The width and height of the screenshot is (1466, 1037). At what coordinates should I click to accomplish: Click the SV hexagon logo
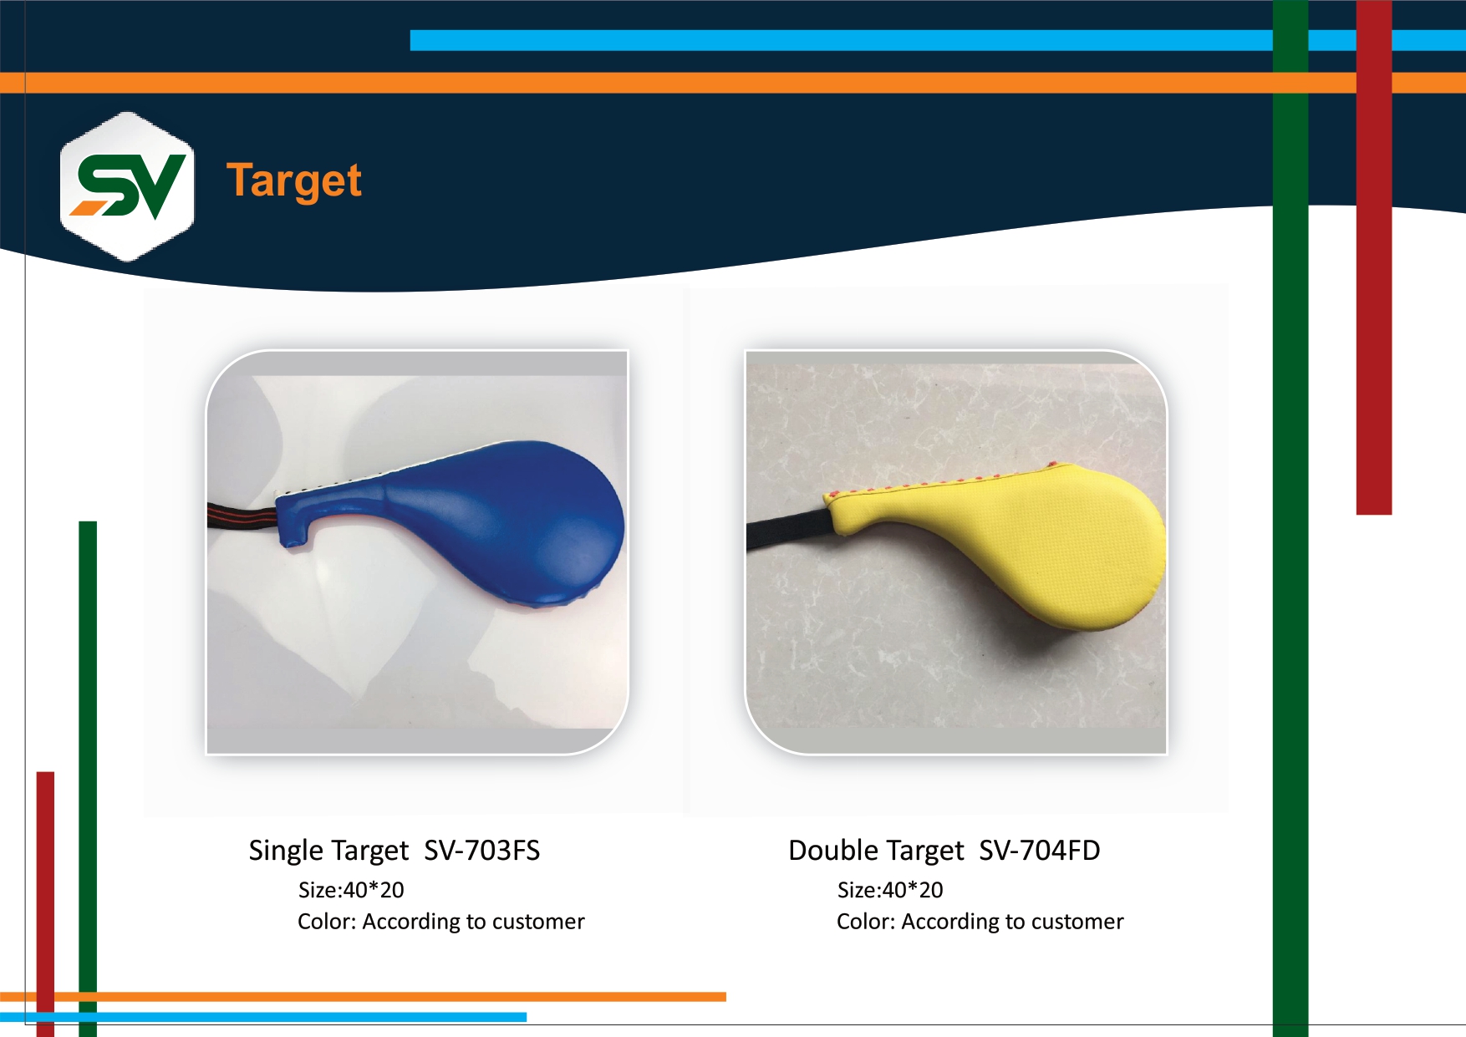(127, 186)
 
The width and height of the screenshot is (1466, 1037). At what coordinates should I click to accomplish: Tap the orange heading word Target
(293, 181)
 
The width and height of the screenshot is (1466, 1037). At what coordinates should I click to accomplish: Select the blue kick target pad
(451, 522)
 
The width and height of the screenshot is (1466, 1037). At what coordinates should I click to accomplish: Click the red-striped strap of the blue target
(242, 517)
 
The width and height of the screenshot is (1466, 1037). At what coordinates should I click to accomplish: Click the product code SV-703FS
(482, 850)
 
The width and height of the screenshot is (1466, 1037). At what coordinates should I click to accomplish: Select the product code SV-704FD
(1040, 850)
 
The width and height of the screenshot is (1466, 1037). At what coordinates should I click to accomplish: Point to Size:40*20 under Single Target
(351, 890)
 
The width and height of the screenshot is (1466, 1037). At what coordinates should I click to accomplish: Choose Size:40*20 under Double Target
(890, 890)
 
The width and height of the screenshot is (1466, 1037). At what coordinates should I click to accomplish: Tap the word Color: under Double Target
(866, 922)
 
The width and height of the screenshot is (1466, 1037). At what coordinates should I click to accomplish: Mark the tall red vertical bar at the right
(1374, 257)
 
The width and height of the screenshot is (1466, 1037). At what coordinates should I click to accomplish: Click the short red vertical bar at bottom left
(45, 904)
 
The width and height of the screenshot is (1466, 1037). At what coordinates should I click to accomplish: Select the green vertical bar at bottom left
(88, 779)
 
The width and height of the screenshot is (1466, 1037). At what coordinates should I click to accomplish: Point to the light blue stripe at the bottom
(263, 1017)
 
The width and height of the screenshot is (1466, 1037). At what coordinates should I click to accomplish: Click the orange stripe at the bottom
(363, 997)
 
